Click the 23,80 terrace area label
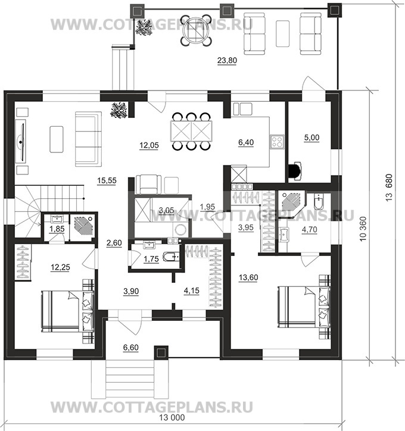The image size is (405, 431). [x=227, y=60]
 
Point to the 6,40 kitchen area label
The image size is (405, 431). [x=246, y=142]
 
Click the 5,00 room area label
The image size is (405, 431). [x=311, y=138]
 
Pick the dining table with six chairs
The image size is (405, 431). [x=191, y=132]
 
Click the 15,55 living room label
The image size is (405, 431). [x=107, y=180]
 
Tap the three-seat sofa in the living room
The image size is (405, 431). [x=88, y=139]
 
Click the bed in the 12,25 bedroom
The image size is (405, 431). [x=68, y=311]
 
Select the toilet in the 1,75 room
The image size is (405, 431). [x=171, y=257]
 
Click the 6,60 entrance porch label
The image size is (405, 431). [x=131, y=348]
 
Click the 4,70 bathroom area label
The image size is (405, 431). [x=309, y=229]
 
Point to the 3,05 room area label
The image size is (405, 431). [x=166, y=211]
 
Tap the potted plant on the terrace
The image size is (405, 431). [x=144, y=27]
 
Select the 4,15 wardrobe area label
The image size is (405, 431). [x=191, y=291]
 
